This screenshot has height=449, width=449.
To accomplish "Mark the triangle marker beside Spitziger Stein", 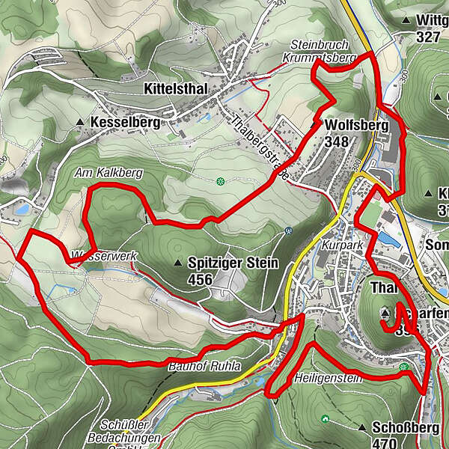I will (178, 263).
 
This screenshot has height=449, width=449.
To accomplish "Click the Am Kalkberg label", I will (109, 173).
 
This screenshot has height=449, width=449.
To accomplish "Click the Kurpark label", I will (336, 245).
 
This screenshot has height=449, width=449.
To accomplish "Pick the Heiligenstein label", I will (329, 378).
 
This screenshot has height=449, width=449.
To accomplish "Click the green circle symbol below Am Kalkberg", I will (220, 181).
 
